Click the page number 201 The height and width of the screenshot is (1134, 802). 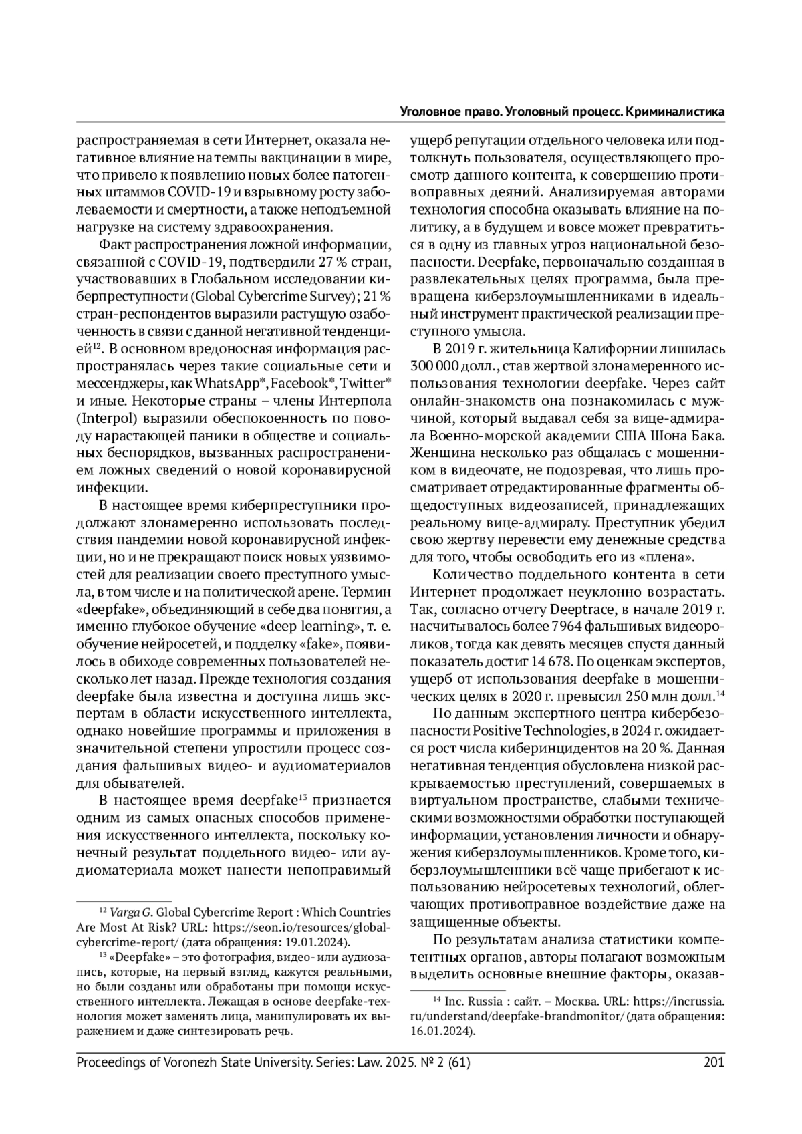[714, 1062]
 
